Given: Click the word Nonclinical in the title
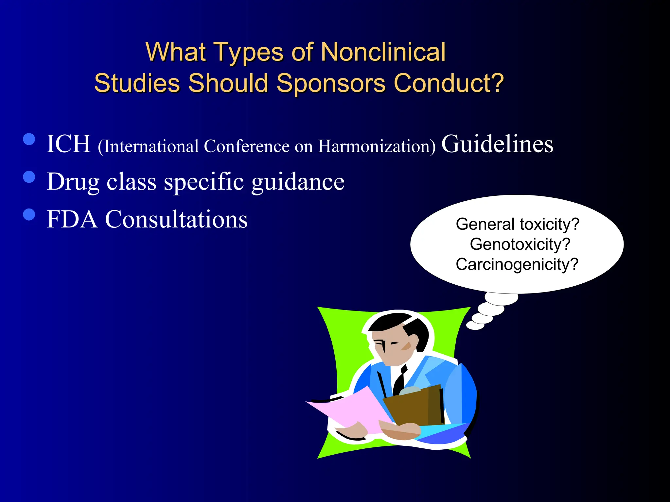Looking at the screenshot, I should pyautogui.click(x=383, y=52).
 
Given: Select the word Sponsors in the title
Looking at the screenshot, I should pyautogui.click(x=331, y=83).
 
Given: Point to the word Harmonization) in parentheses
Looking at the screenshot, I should pyautogui.click(x=377, y=146).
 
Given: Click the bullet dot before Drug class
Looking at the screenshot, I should pyautogui.click(x=29, y=177).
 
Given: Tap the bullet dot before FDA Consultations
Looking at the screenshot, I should pyautogui.click(x=29, y=214).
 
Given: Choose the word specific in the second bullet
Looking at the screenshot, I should pyautogui.click(x=203, y=182).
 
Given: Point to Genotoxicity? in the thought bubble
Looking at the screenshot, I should pyautogui.click(x=520, y=244).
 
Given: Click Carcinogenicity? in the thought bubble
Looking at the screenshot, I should pyautogui.click(x=517, y=264).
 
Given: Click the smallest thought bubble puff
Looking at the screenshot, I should pyautogui.click(x=475, y=325).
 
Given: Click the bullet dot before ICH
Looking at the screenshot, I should pyautogui.click(x=29, y=139).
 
